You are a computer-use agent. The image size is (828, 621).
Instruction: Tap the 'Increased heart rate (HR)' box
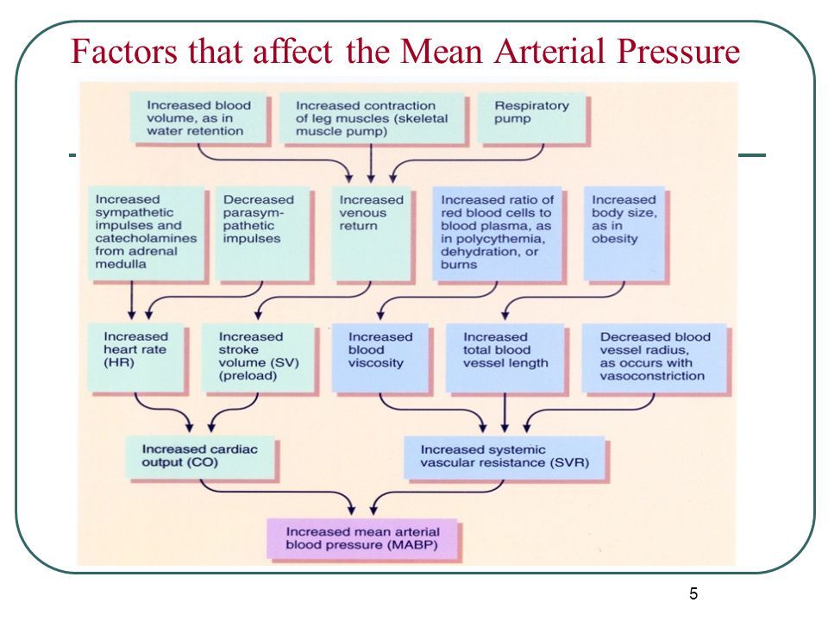136,354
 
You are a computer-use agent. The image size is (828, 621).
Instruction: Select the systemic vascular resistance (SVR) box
505,456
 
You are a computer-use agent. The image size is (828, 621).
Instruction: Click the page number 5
693,593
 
